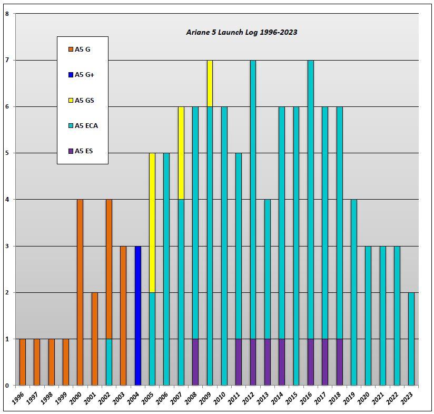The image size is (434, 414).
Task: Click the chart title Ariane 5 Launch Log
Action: point(242,32)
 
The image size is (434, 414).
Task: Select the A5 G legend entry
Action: point(82,50)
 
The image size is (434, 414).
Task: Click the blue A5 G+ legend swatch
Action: point(70,75)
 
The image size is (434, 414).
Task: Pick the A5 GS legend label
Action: point(84,100)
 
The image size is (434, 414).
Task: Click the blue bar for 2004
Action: point(138,316)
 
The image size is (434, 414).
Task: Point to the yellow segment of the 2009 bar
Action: point(210,83)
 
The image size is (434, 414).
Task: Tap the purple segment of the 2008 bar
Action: point(195,362)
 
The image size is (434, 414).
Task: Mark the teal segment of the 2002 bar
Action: point(109,362)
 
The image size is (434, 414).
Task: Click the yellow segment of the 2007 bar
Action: point(181,153)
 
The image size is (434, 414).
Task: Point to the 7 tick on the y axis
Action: point(7,61)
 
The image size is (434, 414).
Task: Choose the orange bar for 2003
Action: point(123,316)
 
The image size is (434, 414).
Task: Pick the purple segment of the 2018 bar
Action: point(339,362)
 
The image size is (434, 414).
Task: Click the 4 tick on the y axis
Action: point(7,200)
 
